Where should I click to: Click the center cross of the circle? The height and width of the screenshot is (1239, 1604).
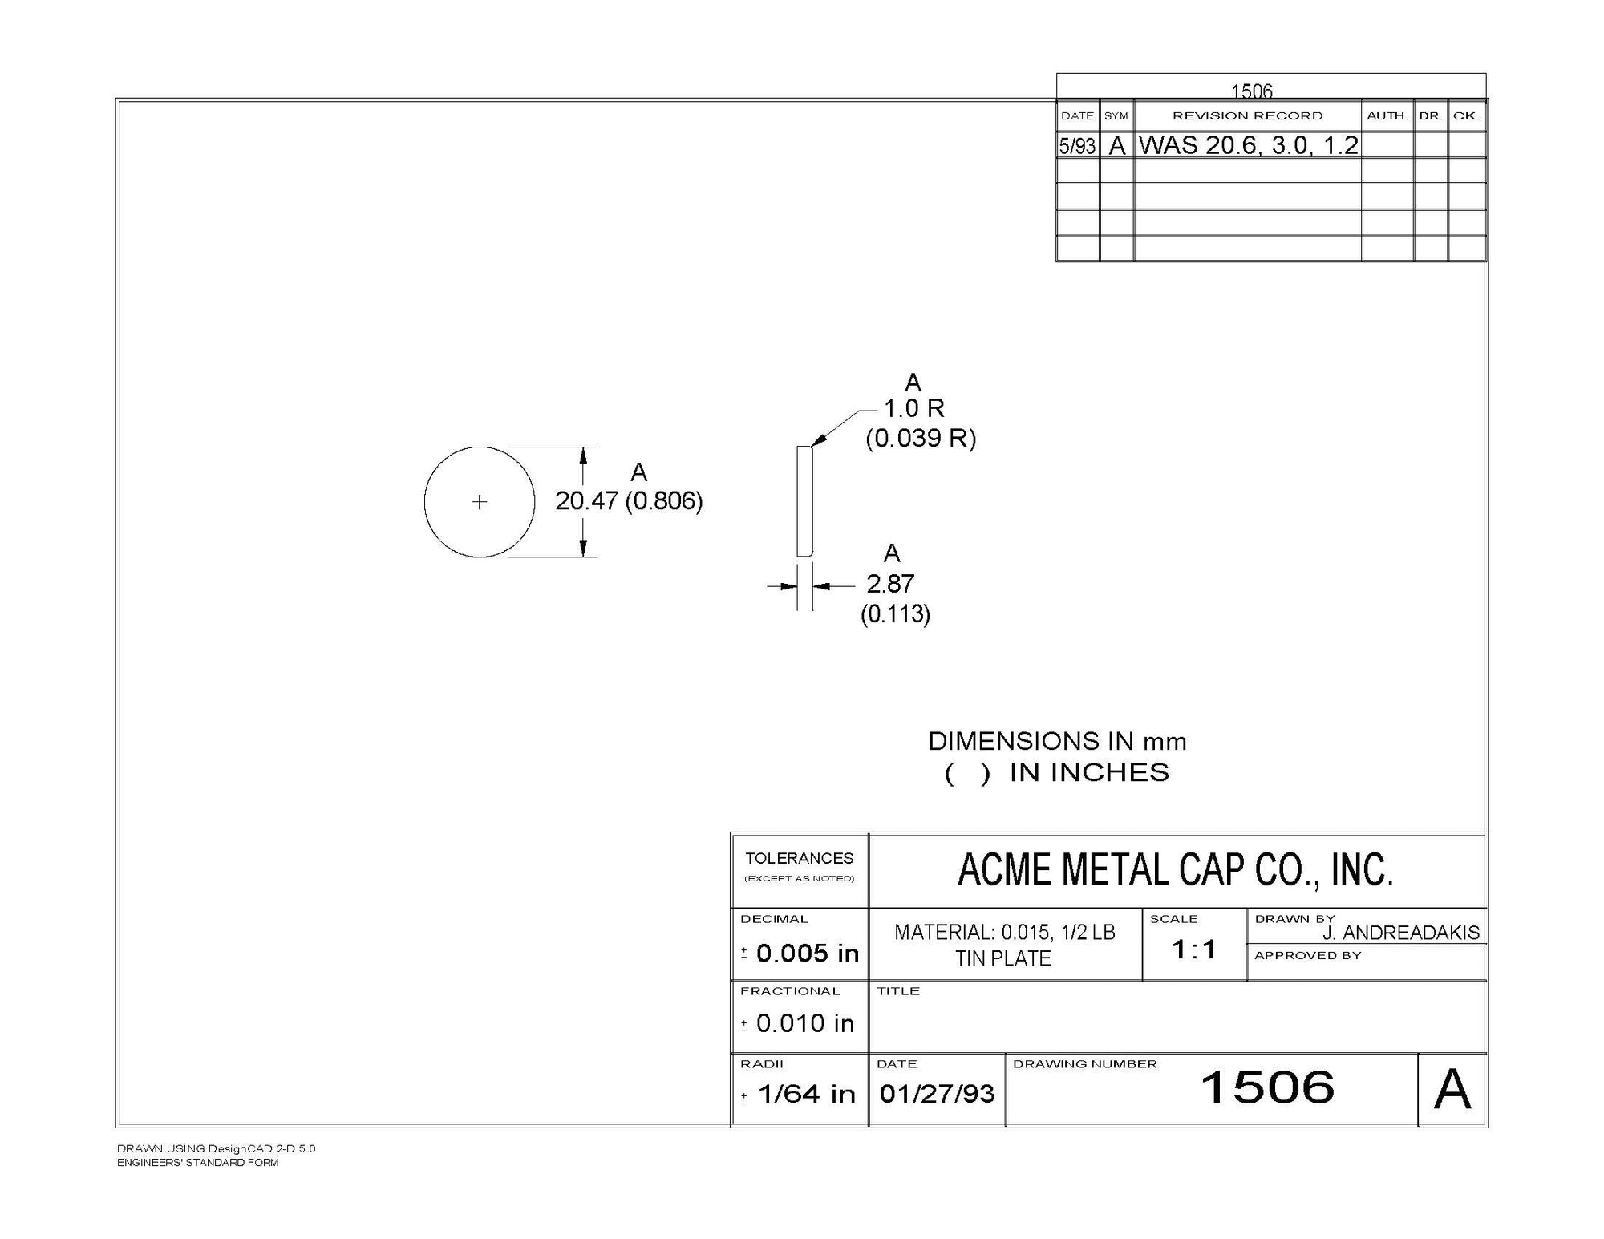480,502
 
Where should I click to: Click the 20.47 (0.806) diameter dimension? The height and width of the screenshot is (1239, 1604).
629,501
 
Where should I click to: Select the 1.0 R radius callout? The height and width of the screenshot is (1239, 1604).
914,408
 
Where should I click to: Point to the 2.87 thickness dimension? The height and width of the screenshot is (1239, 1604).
890,583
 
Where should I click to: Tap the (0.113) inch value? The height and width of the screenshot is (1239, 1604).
895,614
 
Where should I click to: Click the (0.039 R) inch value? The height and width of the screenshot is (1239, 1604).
921,439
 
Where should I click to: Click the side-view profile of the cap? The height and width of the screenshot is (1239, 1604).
804,501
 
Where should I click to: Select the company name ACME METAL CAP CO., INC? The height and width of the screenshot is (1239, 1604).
1176,870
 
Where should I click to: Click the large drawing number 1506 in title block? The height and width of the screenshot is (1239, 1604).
1267,1087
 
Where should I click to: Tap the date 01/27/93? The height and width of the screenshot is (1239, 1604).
937,1094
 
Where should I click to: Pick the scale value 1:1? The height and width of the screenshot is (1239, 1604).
1194,950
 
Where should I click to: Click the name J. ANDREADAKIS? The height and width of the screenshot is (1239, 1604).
1401,933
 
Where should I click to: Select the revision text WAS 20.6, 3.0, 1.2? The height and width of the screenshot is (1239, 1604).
1249,145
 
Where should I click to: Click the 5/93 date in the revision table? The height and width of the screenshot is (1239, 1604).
1077,146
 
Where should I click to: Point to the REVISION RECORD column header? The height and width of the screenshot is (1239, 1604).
1248,116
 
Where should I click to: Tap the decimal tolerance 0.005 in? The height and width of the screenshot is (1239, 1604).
807,954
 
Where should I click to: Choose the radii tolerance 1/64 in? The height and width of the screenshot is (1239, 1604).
806,1094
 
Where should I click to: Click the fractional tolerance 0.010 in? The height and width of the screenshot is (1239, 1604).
805,1023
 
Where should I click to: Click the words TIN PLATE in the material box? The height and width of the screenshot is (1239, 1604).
1003,959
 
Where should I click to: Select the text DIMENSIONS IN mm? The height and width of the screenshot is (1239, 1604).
1057,741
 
